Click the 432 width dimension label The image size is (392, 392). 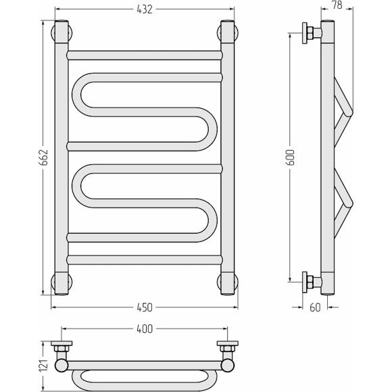pyautogui.click(x=145, y=9)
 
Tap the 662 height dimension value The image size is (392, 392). pyautogui.click(x=44, y=157)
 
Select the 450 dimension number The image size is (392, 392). pyautogui.click(x=145, y=308)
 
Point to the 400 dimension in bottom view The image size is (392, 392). pyautogui.click(x=145, y=329)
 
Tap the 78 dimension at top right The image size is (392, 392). pyautogui.click(x=337, y=5)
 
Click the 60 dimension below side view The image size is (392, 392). pyautogui.click(x=315, y=308)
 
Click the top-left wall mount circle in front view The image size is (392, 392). pyautogui.click(x=62, y=32)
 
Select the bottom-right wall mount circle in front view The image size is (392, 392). pyautogui.click(x=228, y=282)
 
